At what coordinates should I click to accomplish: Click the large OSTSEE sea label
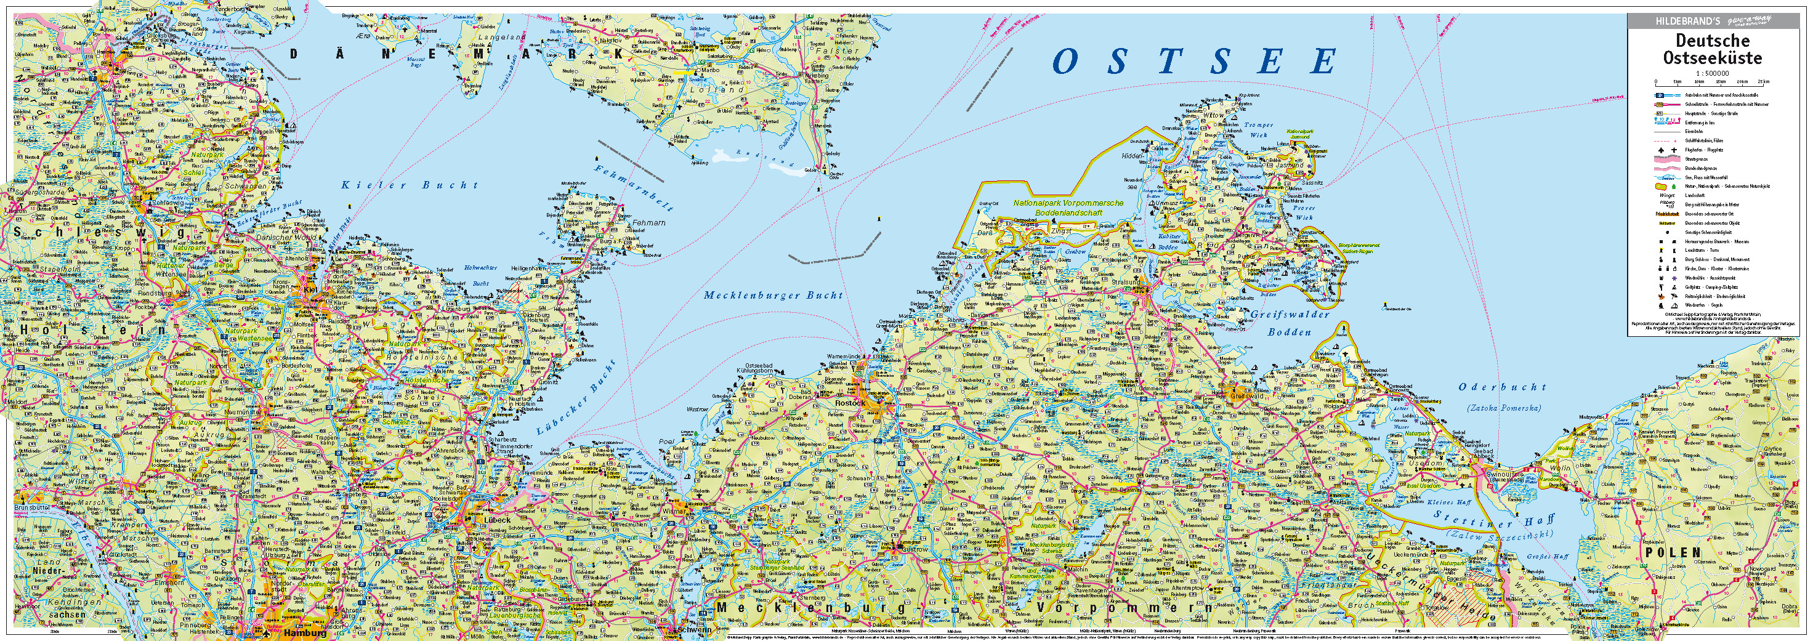(1194, 61)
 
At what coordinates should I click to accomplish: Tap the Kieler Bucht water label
(409, 185)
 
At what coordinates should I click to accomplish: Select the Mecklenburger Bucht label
(773, 296)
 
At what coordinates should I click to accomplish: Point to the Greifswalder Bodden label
(1290, 324)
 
